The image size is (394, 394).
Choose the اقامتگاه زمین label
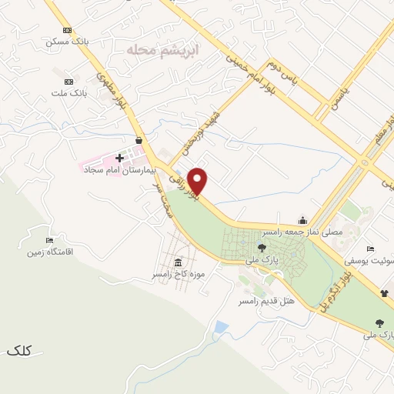[x=50, y=252]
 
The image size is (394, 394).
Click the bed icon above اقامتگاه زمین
[x=51, y=240]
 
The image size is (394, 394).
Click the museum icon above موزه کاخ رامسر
[x=179, y=262]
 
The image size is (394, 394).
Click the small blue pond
[x=221, y=328]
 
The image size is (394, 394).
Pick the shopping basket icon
[x=138, y=140]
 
